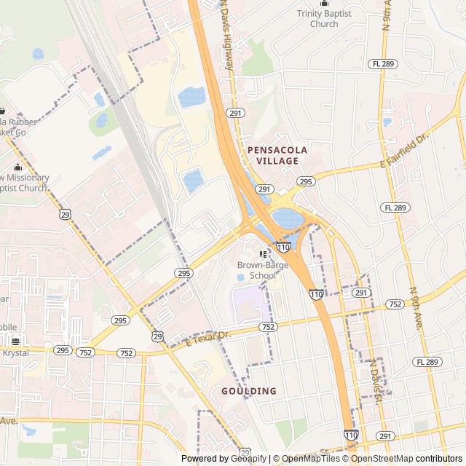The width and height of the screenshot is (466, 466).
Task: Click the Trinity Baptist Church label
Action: pyautogui.click(x=324, y=19)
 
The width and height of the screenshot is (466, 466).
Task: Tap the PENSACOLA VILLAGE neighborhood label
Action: pyautogui.click(x=277, y=155)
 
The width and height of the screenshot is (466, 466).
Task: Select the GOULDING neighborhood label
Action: pyautogui.click(x=249, y=391)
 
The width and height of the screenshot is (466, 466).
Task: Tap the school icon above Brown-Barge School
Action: pyautogui.click(x=263, y=254)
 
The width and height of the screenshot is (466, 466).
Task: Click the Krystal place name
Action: pyautogui.click(x=15, y=353)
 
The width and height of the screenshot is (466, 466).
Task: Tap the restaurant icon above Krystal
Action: pyautogui.click(x=15, y=341)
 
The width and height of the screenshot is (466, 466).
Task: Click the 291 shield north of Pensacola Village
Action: pyautogui.click(x=234, y=113)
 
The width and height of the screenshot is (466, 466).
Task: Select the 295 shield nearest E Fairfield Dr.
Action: pyautogui.click(x=306, y=181)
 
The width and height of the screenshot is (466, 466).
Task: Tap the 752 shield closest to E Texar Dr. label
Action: pyautogui.click(x=268, y=328)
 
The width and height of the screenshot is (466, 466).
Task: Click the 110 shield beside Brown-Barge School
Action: pyautogui.click(x=283, y=248)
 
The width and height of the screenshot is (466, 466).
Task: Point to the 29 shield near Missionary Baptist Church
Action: pyautogui.click(x=66, y=214)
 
